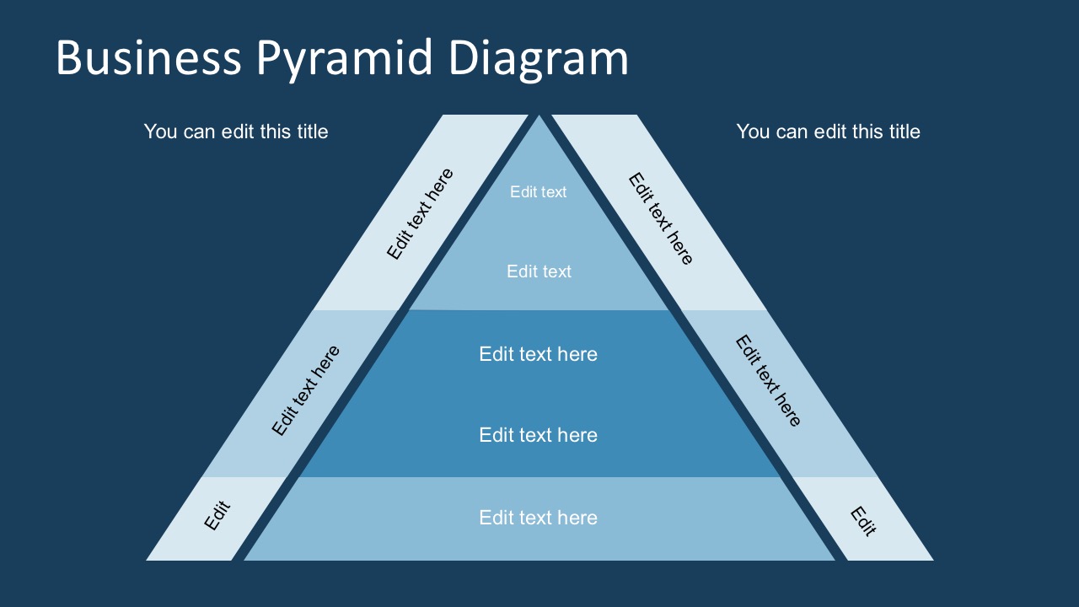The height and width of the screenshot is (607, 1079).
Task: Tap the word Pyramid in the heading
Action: [345, 58]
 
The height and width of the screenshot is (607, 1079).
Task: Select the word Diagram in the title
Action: [538, 58]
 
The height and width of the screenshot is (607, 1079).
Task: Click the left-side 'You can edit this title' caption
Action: [236, 132]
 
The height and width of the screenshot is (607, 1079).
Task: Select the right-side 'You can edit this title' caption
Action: [828, 132]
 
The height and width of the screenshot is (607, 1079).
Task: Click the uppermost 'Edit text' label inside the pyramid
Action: [539, 192]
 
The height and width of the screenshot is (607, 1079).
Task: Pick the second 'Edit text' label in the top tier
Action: [539, 271]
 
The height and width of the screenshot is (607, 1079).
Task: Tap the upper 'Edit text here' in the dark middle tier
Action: [538, 354]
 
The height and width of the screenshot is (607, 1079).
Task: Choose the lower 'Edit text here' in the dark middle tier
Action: [538, 435]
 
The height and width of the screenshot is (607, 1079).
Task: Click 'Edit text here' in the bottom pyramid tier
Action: [538, 518]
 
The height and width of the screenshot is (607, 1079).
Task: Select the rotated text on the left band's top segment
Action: [420, 214]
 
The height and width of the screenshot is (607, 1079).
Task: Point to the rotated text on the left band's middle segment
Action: [306, 390]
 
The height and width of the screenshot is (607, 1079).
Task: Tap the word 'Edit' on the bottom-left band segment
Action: [217, 516]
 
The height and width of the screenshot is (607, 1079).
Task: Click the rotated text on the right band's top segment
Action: [661, 219]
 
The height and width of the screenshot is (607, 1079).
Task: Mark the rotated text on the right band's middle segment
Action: [768, 381]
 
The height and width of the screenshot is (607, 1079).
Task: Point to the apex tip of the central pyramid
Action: [539, 118]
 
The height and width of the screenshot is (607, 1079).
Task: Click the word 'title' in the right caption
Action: [902, 132]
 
